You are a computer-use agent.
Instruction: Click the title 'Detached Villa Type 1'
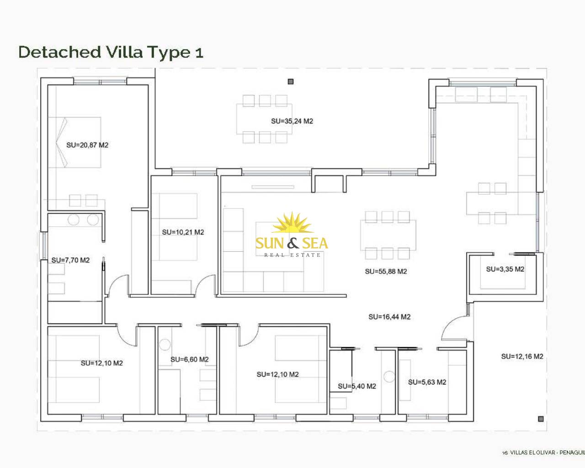(111, 52)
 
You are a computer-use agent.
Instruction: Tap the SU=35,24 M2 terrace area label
(292, 121)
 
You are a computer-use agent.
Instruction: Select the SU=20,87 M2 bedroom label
(87, 145)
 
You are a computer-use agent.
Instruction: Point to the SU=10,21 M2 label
(183, 232)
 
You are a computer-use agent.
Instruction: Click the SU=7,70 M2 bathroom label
(70, 260)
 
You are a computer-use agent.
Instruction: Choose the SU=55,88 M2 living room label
(386, 271)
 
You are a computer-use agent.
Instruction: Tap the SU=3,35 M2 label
(505, 269)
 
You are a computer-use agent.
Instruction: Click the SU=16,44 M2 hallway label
(389, 317)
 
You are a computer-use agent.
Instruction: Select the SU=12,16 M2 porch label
(522, 356)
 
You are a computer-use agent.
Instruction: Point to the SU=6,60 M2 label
(190, 360)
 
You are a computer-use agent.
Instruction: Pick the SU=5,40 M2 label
(357, 386)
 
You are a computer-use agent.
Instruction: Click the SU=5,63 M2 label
(427, 382)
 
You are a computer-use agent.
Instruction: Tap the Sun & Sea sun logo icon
(292, 223)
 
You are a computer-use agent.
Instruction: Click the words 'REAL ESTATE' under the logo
(292, 255)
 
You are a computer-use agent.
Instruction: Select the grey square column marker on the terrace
(291, 82)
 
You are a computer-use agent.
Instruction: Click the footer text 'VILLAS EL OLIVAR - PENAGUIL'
(547, 452)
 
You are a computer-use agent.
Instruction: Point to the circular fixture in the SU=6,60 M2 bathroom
(165, 345)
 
